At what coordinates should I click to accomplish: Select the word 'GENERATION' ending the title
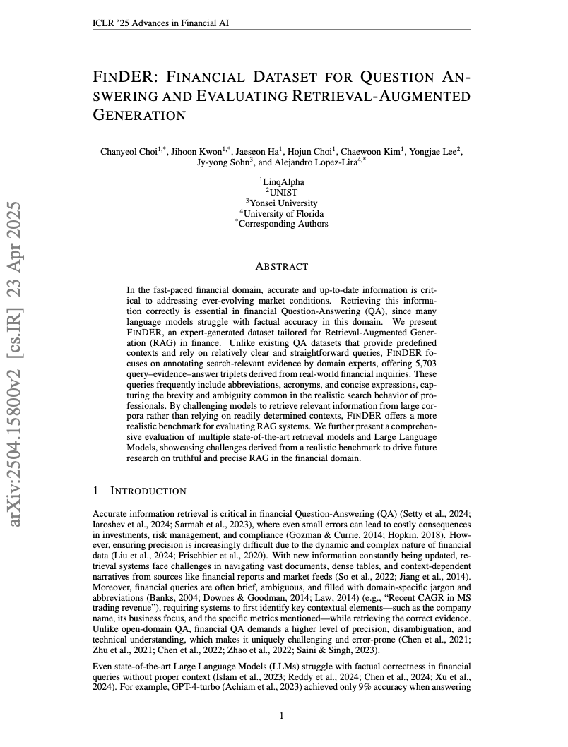[139, 115]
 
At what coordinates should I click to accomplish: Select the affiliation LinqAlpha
[283, 182]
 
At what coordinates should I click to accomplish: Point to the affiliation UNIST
[283, 192]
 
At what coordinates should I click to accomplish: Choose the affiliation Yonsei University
[283, 203]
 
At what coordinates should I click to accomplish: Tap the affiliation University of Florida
[283, 213]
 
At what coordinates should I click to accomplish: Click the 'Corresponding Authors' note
[283, 223]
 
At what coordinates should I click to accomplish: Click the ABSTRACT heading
[282, 267]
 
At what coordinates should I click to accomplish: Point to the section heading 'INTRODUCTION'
[148, 491]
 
